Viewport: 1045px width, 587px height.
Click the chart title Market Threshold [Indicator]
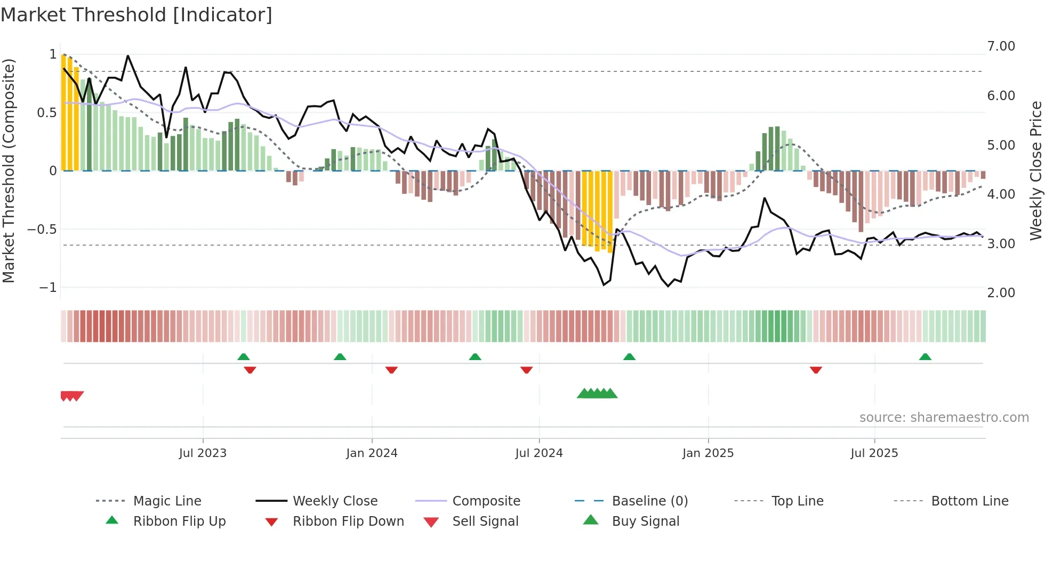136,15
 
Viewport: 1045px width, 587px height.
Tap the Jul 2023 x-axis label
203,453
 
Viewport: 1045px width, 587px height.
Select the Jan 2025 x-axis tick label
708,453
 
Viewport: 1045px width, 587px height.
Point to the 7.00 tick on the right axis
1001,46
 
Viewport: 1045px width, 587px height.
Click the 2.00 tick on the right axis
1001,292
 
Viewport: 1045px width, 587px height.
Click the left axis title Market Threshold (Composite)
9,170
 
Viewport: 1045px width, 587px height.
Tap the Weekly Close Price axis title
1035,170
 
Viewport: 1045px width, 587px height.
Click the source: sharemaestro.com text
944,418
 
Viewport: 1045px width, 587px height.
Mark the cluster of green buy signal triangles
597,394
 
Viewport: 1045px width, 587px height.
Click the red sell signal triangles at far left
71,396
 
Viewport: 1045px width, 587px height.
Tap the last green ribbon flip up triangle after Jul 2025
925,357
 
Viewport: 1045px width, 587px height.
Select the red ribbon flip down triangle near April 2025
816,370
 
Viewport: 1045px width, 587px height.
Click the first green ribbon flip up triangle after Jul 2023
243,357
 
